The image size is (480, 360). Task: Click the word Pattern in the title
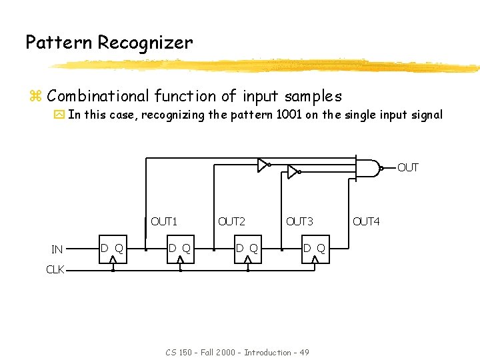click(x=59, y=43)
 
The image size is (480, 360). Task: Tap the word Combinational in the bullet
click(x=98, y=97)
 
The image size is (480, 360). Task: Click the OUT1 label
click(x=164, y=221)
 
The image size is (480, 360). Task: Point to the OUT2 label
click(x=231, y=221)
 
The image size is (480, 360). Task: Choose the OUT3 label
click(x=299, y=221)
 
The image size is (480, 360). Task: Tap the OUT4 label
click(x=366, y=221)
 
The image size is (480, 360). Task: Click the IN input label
click(x=57, y=250)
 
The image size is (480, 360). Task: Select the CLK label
click(x=55, y=270)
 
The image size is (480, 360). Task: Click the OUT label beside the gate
click(x=407, y=167)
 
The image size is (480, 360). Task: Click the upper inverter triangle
click(x=263, y=164)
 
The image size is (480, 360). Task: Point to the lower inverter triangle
click(x=292, y=172)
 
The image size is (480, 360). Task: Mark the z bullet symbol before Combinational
click(x=35, y=97)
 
